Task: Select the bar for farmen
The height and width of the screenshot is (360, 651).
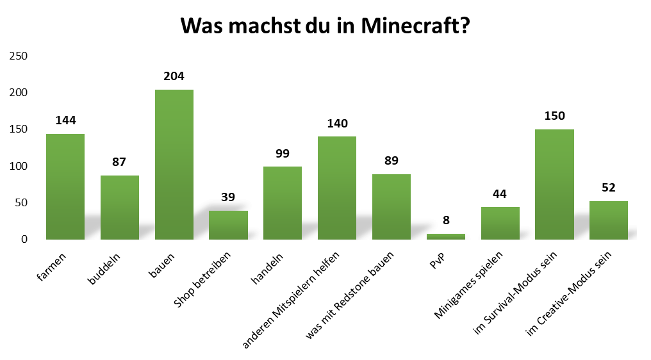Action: pos(65,186)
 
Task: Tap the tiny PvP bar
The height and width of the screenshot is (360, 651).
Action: pos(445,236)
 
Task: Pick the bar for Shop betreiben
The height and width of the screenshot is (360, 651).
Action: pos(228,225)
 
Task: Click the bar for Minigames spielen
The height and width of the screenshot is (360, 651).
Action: pos(500,223)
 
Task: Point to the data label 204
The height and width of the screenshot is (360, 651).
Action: pos(174,76)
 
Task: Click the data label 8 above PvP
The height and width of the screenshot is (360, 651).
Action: pos(445,220)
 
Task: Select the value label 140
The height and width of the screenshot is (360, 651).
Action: pos(337,124)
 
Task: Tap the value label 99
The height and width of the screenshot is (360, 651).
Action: pos(283,153)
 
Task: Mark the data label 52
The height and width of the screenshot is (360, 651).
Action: pos(609,188)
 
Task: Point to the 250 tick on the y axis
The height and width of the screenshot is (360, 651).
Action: pos(19,56)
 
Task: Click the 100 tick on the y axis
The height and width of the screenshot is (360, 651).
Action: pos(19,167)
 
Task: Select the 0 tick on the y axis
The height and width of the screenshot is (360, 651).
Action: pos(24,240)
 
